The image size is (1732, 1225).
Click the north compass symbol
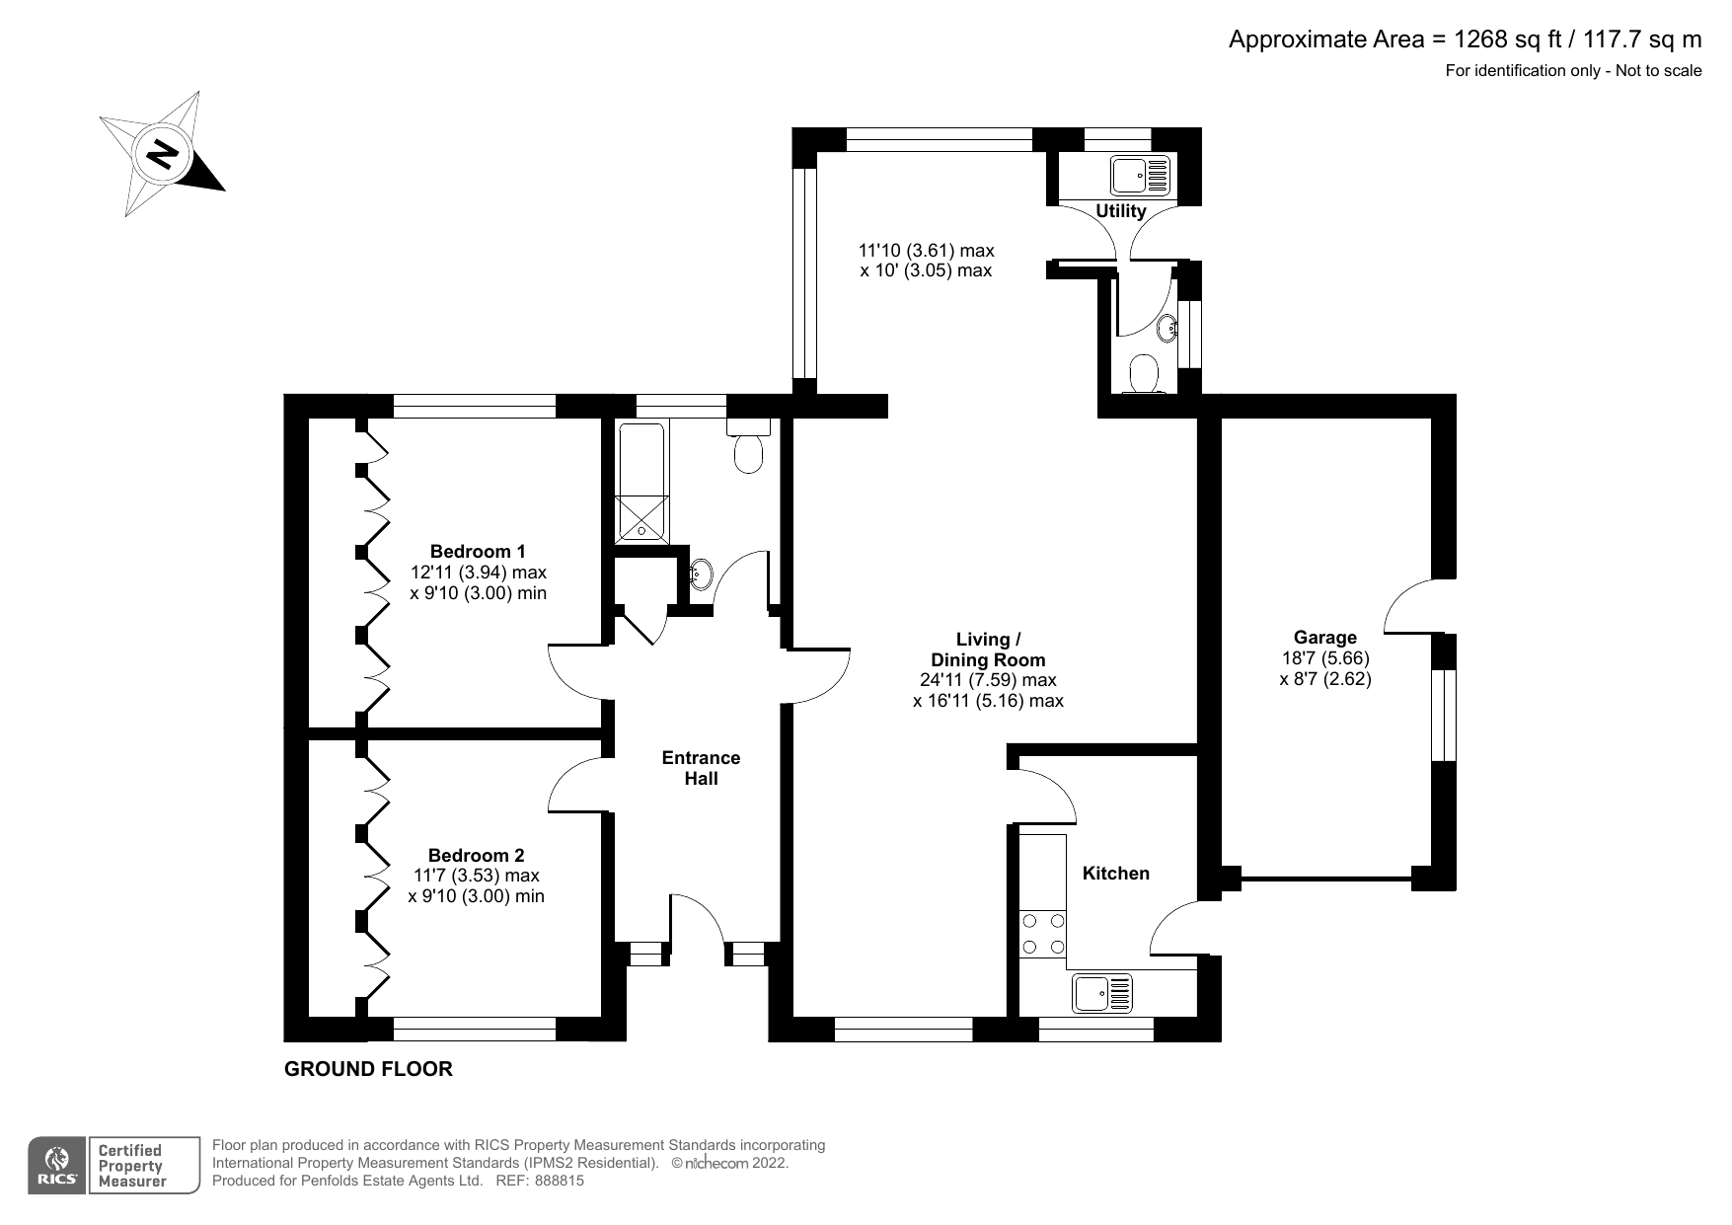[x=162, y=154]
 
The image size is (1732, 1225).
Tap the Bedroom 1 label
[x=478, y=551]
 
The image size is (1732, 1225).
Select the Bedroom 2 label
[x=476, y=855]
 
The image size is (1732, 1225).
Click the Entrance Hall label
[x=701, y=768]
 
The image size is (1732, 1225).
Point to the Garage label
[x=1325, y=638]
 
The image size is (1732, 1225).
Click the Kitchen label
[x=1116, y=873]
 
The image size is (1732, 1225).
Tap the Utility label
[x=1121, y=210]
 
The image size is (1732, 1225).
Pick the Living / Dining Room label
[x=988, y=650]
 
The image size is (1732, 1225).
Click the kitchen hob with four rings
[x=1043, y=934]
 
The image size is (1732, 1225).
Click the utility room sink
[x=1140, y=176]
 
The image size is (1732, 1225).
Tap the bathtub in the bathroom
[x=641, y=483]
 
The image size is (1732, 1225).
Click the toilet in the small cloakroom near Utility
[x=1144, y=375]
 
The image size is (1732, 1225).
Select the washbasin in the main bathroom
[x=699, y=573]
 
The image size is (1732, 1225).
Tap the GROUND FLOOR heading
[x=368, y=1069]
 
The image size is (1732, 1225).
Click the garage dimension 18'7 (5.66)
[x=1325, y=658]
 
